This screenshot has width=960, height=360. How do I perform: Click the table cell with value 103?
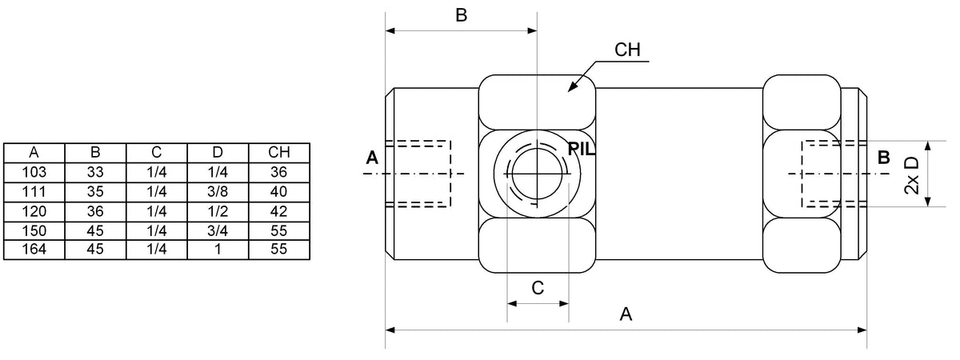34,172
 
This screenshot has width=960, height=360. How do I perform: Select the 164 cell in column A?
34,250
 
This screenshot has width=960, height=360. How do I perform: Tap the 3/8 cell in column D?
218,192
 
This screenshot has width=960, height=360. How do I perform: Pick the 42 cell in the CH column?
279,212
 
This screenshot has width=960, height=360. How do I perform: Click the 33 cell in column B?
95,172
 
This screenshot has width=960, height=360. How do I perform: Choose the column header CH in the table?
279,153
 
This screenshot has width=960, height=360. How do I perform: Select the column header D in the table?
218,153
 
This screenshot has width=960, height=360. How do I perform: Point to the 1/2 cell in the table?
218,212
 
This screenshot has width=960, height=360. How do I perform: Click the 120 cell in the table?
34,212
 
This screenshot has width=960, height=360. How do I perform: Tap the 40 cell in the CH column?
279,192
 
